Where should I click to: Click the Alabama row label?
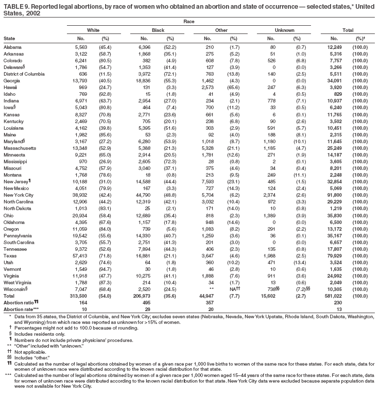(12, 47)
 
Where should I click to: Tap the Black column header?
(158, 30)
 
